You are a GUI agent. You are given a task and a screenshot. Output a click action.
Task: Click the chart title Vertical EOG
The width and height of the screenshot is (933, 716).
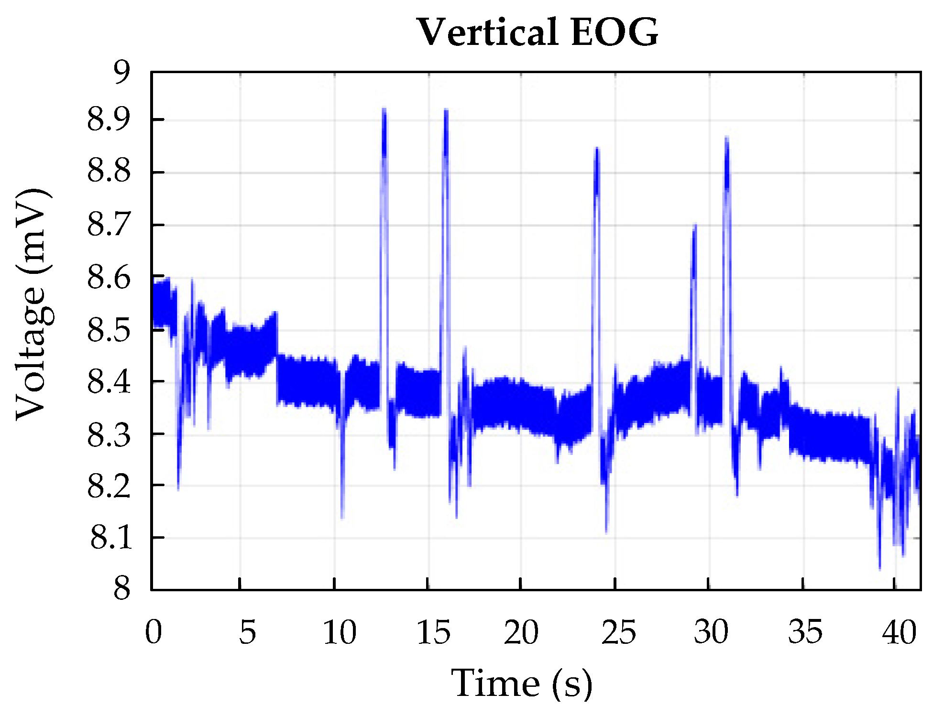pyautogui.click(x=538, y=33)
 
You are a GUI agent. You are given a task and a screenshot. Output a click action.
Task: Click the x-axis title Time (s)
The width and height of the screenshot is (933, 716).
pyautogui.click(x=522, y=683)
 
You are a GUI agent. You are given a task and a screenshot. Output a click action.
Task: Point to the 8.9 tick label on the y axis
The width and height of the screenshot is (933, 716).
pyautogui.click(x=109, y=119)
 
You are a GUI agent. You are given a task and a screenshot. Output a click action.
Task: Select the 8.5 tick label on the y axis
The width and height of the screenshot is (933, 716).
pyautogui.click(x=109, y=330)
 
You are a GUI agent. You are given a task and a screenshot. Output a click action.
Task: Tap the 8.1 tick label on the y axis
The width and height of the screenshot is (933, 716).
pyautogui.click(x=110, y=538)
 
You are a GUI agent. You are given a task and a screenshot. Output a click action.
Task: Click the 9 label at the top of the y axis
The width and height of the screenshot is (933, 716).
pyautogui.click(x=121, y=73)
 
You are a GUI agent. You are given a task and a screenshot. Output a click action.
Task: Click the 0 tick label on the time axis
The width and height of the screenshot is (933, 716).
pyautogui.click(x=154, y=632)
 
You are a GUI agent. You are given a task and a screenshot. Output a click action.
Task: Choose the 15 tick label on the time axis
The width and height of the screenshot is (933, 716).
pyautogui.click(x=433, y=632)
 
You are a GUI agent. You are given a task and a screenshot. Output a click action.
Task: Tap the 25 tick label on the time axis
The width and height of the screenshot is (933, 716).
pyautogui.click(x=618, y=632)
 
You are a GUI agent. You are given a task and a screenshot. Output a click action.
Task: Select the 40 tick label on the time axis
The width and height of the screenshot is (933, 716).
pyautogui.click(x=899, y=632)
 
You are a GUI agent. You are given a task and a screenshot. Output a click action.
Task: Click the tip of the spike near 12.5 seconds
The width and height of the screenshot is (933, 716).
pyautogui.click(x=384, y=109)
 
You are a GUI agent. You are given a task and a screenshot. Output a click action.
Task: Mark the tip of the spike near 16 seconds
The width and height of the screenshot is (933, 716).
pyautogui.click(x=446, y=110)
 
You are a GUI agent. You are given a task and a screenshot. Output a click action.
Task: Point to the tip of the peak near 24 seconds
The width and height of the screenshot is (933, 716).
pyautogui.click(x=596, y=148)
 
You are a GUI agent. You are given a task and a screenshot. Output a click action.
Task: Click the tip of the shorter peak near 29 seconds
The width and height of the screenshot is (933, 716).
pyautogui.click(x=694, y=225)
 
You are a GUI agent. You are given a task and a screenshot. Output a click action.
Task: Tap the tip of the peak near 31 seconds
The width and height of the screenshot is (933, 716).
pyautogui.click(x=726, y=137)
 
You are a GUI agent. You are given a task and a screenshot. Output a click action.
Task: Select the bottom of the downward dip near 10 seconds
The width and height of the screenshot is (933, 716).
pyautogui.click(x=342, y=518)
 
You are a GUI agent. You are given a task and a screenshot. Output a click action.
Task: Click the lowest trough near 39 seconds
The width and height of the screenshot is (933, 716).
pyautogui.click(x=879, y=569)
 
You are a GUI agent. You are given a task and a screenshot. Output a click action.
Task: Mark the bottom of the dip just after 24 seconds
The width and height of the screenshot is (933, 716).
pyautogui.click(x=606, y=532)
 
